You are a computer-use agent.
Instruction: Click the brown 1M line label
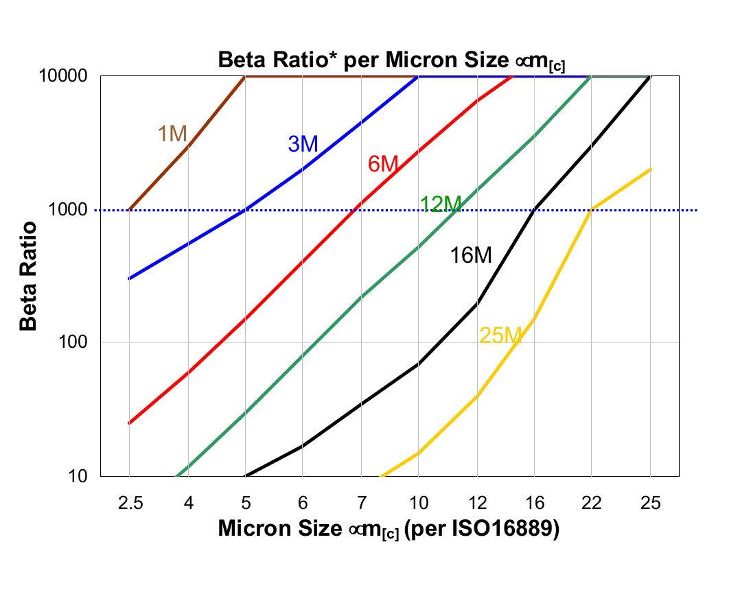click(172, 134)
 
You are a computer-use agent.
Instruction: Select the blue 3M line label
click(302, 144)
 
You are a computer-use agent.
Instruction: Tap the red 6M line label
click(382, 165)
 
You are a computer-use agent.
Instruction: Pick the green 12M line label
click(441, 204)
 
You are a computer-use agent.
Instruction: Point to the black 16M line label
click(471, 256)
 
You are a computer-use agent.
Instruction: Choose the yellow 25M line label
click(500, 335)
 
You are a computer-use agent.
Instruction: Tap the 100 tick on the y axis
click(77, 342)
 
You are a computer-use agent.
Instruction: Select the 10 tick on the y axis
click(81, 476)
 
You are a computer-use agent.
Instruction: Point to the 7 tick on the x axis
click(360, 504)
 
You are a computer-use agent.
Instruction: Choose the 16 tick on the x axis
click(534, 504)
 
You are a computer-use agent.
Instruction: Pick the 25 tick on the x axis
click(650, 504)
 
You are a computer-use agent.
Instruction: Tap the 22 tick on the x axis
click(592, 504)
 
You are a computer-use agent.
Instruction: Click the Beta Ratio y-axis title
click(28, 276)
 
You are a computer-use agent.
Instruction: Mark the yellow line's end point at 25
click(650, 169)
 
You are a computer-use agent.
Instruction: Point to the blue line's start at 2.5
click(129, 279)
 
